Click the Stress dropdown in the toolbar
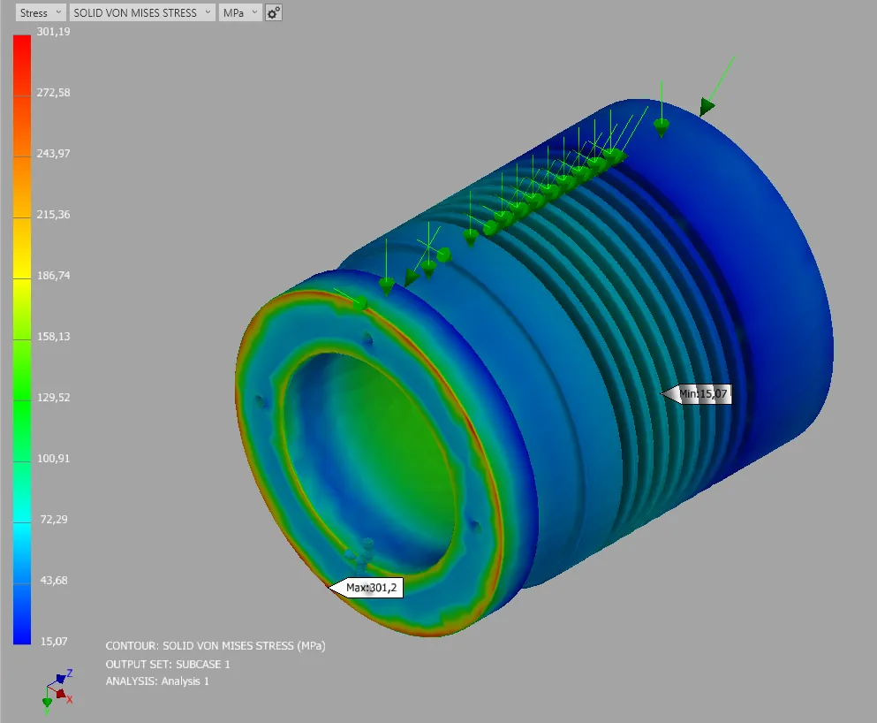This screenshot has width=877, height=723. point(41,12)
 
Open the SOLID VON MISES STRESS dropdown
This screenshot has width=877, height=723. point(142,12)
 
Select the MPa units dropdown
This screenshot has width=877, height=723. point(240,12)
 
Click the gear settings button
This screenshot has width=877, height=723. point(273,12)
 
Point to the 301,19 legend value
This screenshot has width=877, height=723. point(54,31)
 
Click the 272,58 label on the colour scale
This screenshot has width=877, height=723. point(54,92)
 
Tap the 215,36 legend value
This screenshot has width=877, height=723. point(54,214)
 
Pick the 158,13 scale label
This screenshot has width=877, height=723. point(54,337)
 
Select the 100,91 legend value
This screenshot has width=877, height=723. point(54,459)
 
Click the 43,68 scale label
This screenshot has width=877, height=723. point(54,581)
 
